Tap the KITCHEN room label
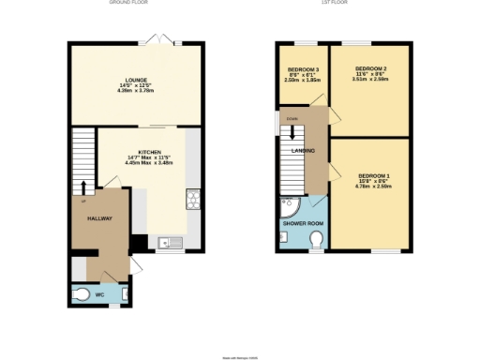[151, 152]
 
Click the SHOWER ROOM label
[303, 223]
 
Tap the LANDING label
[303, 152]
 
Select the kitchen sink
[172, 243]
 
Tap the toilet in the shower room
[316, 242]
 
